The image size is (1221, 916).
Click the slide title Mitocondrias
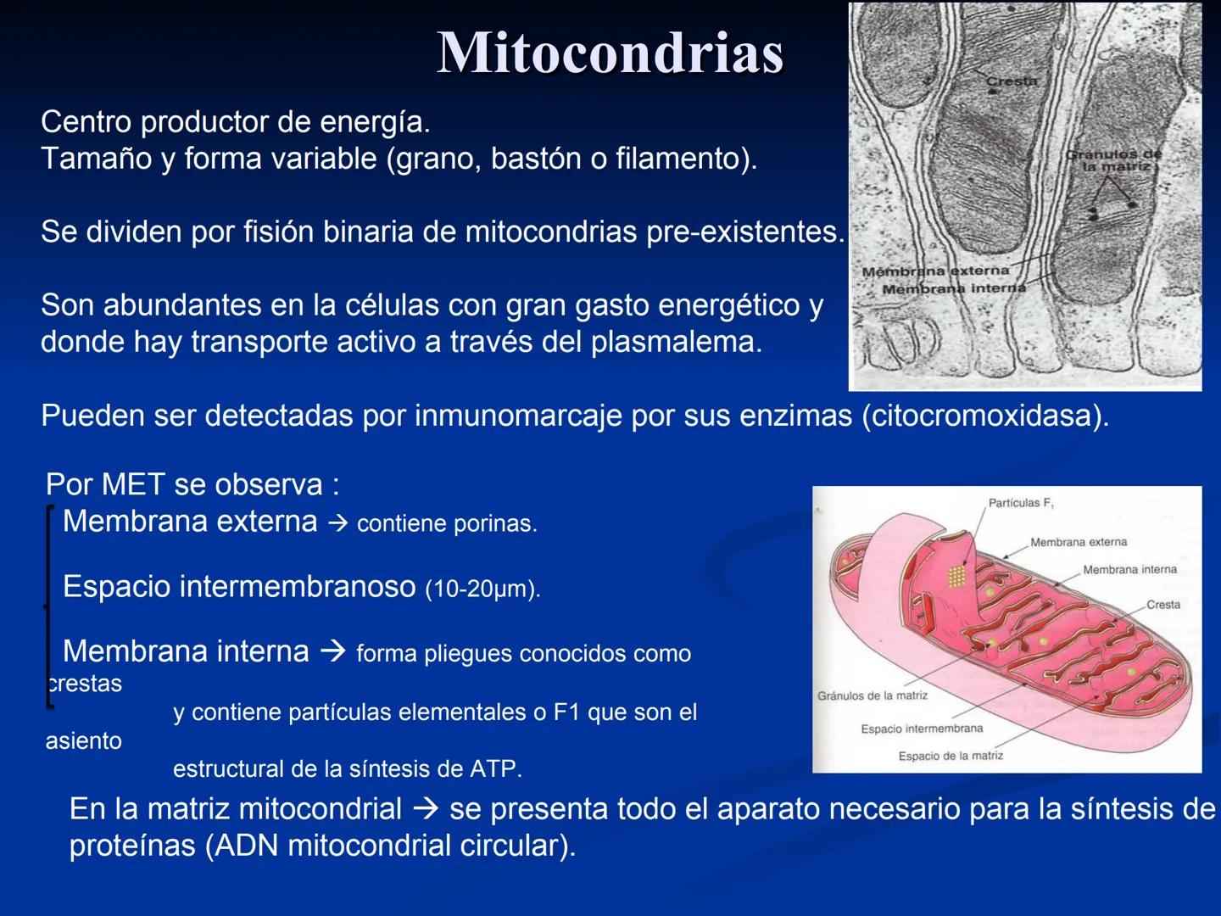pos(610,53)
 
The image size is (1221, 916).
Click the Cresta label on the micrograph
pos(1012,81)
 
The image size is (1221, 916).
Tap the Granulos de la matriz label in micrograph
pos(1113,160)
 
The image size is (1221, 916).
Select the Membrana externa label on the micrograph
pos(935,271)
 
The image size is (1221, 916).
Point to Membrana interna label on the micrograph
pos(953,289)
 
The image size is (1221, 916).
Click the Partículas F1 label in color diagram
pos(1021,503)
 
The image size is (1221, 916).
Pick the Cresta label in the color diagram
pos(1162,605)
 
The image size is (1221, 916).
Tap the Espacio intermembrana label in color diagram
pos(922,729)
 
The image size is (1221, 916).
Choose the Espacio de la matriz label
pos(951,756)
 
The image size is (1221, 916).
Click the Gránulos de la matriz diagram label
pos(872,695)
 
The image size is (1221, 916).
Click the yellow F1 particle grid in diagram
pos(956,576)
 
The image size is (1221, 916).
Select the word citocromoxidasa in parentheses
pos(984,416)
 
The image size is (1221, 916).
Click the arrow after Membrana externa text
pos(337,522)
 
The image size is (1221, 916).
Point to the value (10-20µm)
pos(482,589)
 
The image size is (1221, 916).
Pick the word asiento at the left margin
pos(84,740)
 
